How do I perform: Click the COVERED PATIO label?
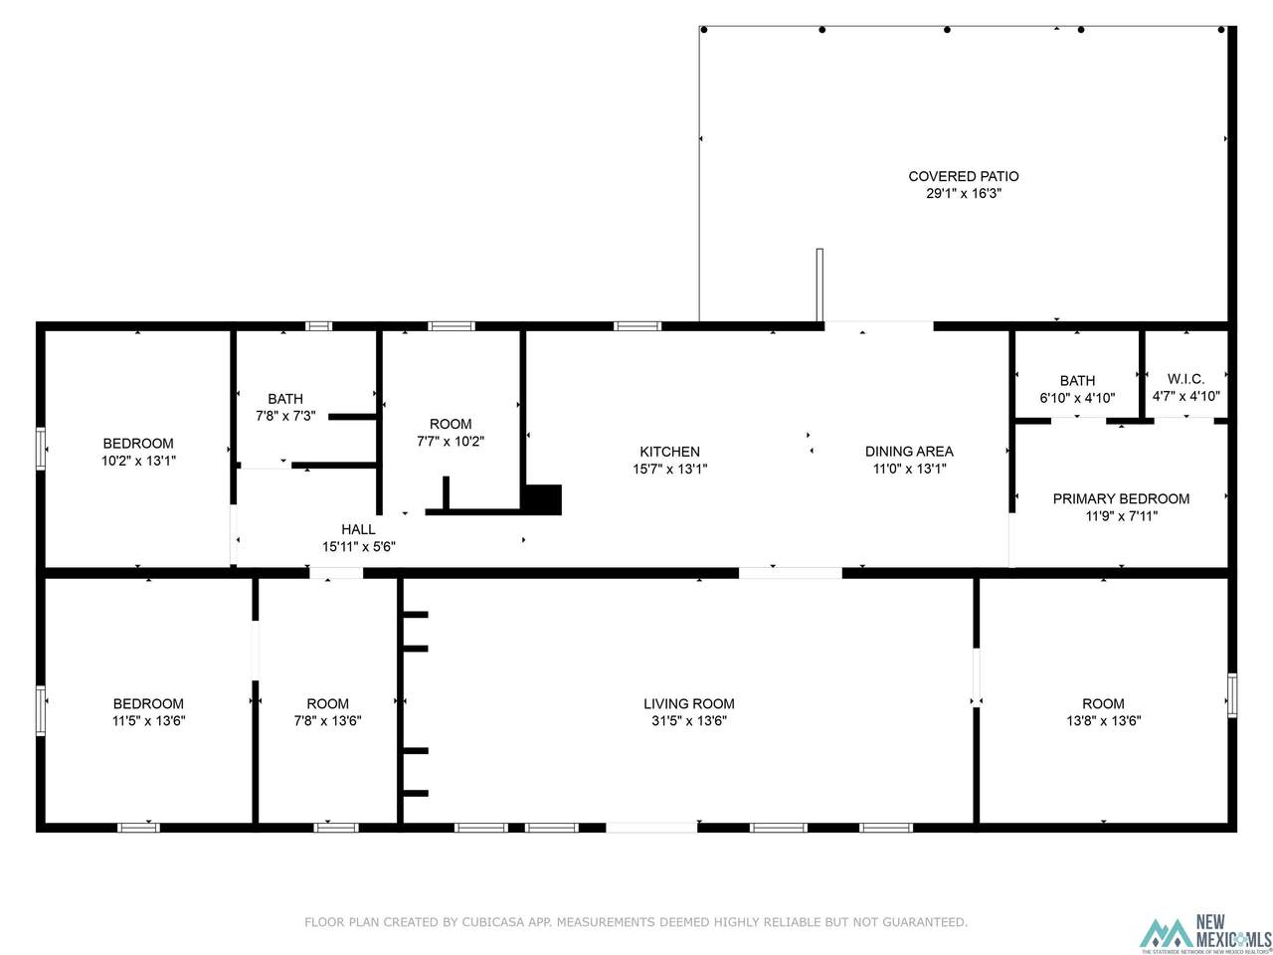tap(963, 176)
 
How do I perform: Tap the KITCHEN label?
tap(669, 451)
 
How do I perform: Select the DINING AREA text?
tap(909, 451)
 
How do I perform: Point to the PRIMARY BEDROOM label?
tap(1121, 498)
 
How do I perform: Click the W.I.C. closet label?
tap(1185, 379)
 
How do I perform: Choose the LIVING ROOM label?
tap(688, 703)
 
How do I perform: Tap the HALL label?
tap(358, 529)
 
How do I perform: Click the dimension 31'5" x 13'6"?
tap(688, 721)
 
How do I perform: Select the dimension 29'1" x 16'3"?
tap(963, 193)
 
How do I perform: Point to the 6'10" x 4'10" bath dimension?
tap(1077, 398)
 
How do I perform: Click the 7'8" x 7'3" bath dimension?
tap(285, 416)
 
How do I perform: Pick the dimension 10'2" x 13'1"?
tap(138, 461)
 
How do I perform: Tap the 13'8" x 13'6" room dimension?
tap(1103, 721)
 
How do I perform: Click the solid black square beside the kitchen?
tap(542, 499)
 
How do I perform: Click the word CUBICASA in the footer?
tap(492, 922)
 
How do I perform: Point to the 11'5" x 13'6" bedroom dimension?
tap(148, 721)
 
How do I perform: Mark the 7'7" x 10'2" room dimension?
tap(451, 442)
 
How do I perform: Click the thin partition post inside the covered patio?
tap(818, 285)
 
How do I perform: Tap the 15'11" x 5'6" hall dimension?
tap(358, 546)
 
